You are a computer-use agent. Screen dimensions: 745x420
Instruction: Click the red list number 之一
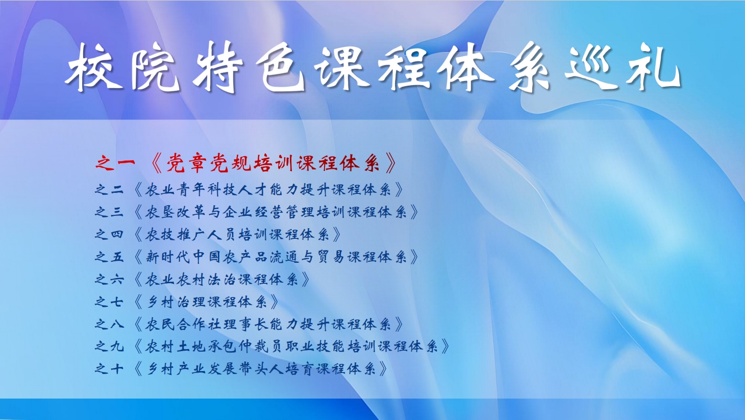115,163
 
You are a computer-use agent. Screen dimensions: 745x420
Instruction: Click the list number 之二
109,189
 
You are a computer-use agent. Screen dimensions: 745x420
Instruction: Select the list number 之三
109,212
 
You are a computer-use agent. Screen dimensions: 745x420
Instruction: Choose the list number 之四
109,234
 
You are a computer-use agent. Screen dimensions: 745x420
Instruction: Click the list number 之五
109,257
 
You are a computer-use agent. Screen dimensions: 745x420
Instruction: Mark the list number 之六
109,279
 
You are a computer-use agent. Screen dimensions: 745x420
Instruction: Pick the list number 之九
109,347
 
